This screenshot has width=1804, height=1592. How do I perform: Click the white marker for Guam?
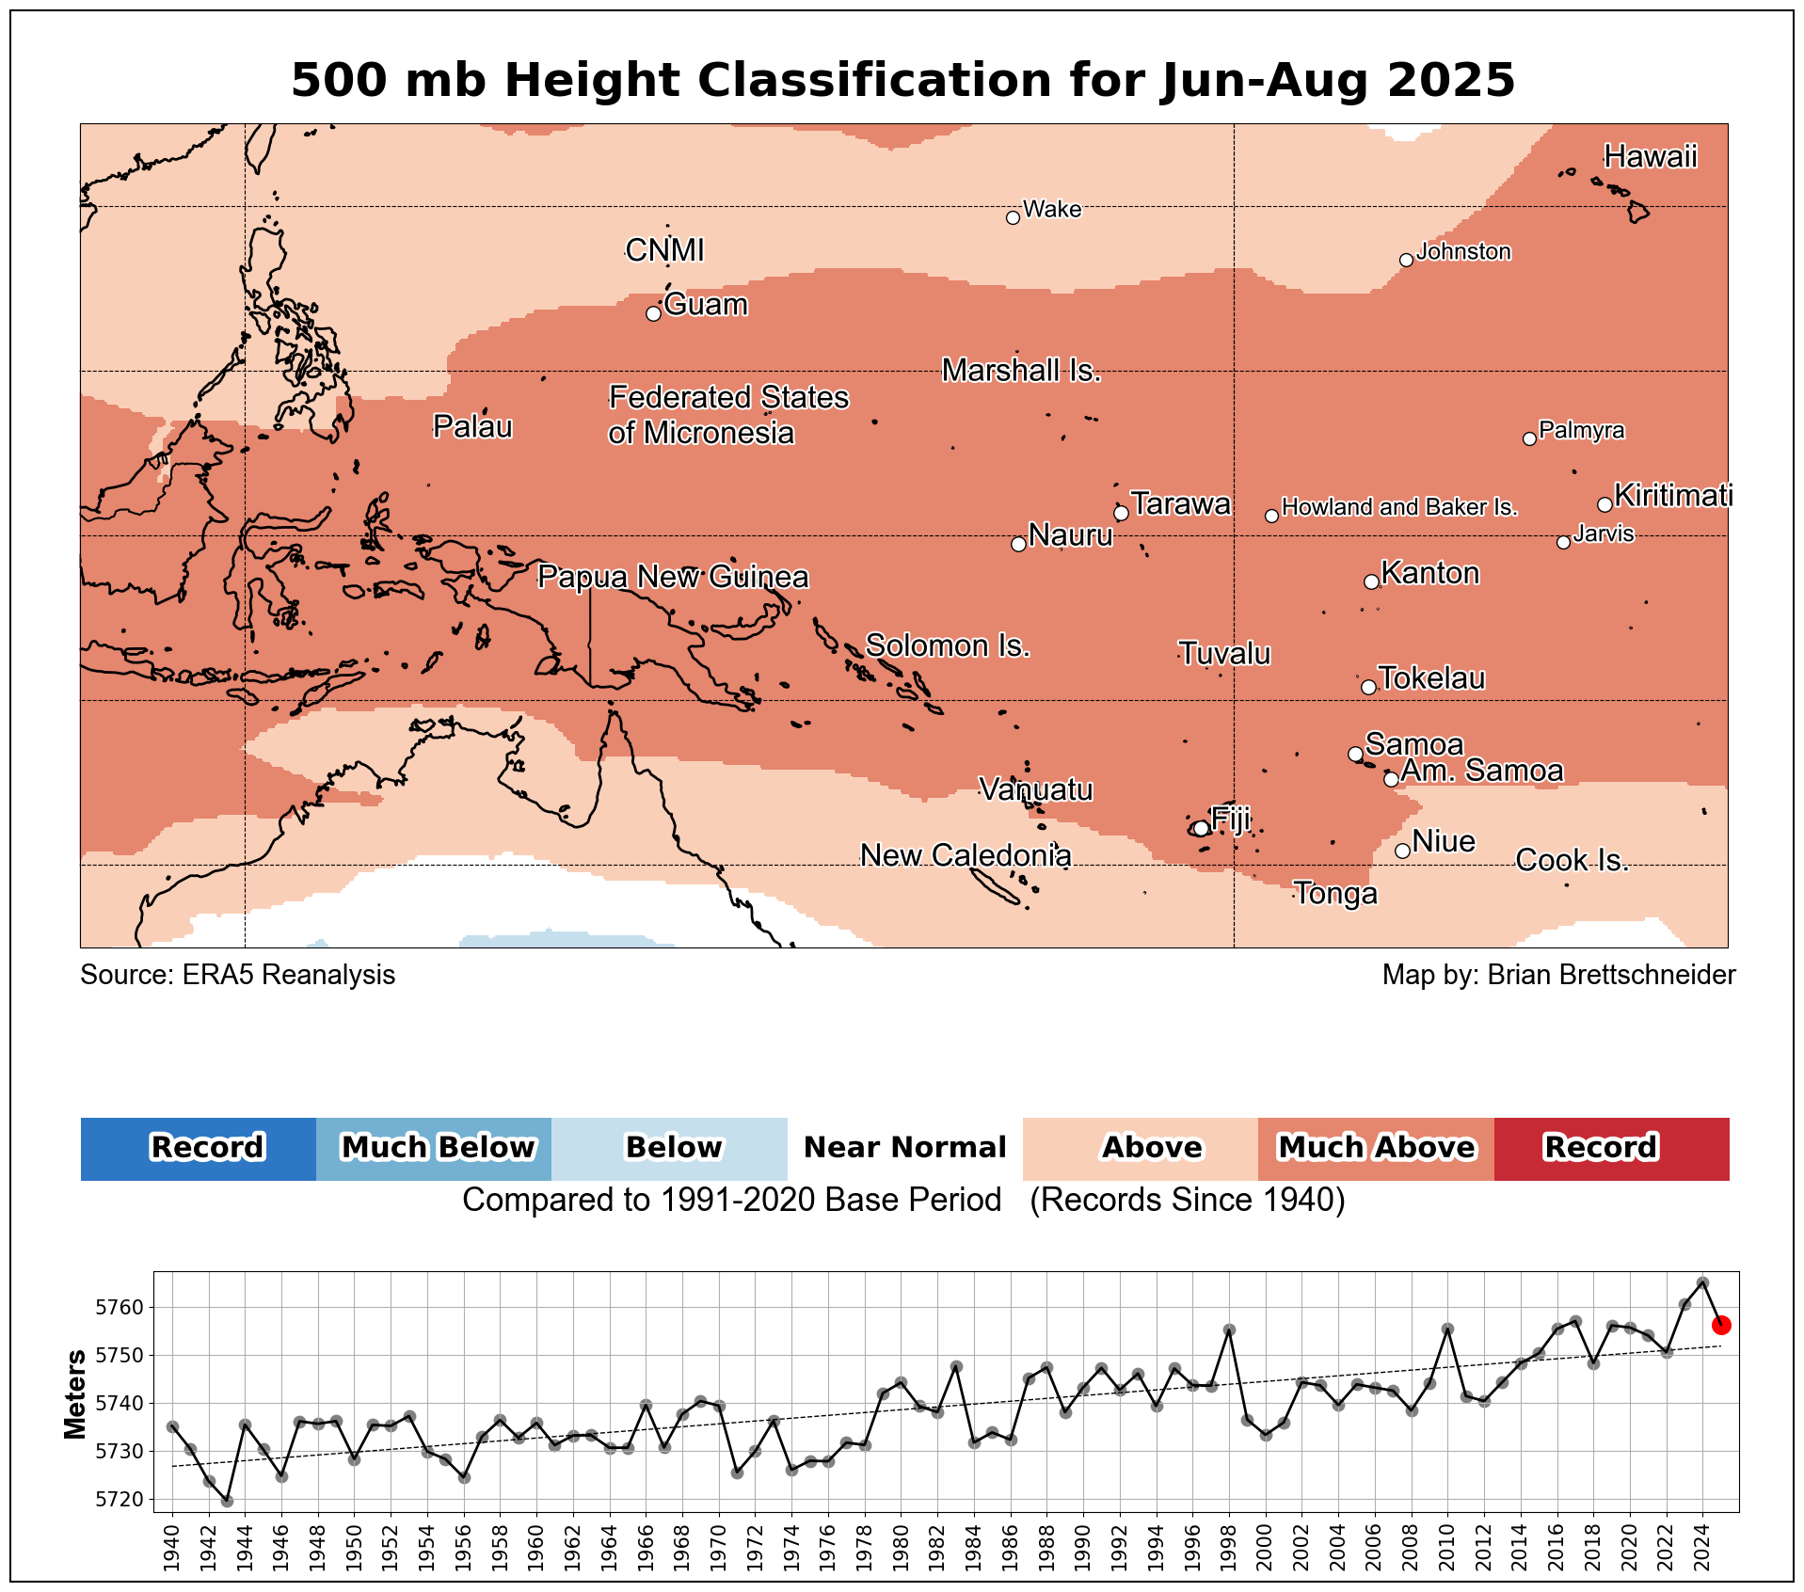(x=653, y=313)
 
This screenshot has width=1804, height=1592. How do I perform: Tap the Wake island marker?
(x=1013, y=217)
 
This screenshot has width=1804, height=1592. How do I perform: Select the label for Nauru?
(x=1070, y=535)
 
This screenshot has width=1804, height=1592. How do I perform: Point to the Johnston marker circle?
(x=1406, y=260)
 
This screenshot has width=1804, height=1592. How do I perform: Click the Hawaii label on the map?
(x=1651, y=156)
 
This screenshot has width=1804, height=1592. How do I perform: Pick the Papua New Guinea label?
(x=673, y=577)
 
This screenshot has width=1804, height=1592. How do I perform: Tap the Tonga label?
(x=1335, y=893)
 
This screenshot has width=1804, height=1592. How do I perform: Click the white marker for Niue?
(x=1402, y=851)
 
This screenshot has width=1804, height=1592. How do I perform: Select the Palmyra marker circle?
(x=1529, y=438)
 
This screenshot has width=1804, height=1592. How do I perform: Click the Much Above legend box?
(x=1376, y=1148)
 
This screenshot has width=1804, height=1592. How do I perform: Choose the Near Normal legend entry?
(x=904, y=1148)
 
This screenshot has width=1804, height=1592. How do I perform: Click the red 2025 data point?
(x=1721, y=1325)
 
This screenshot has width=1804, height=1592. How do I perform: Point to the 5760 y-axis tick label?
(x=119, y=1308)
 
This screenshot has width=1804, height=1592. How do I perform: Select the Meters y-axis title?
(x=75, y=1394)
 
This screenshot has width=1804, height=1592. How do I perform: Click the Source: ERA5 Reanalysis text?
(x=238, y=975)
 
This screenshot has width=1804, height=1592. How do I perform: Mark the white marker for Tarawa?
(x=1121, y=513)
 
